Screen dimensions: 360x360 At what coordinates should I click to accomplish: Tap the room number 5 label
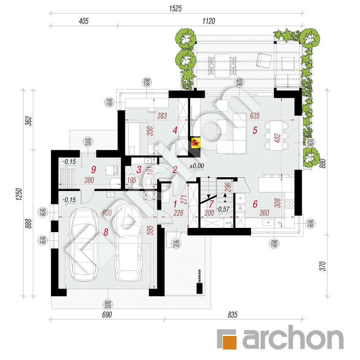click(255, 130)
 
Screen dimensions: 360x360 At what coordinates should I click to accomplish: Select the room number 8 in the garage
click(106, 231)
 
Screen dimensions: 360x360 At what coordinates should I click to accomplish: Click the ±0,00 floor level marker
click(196, 166)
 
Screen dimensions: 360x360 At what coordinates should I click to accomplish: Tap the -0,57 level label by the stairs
click(223, 208)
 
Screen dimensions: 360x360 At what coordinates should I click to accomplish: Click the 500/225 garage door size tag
click(108, 304)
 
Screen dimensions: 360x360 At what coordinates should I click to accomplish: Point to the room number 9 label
click(94, 170)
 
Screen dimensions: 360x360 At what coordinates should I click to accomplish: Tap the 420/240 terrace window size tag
click(240, 82)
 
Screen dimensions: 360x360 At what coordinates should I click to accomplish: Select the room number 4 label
click(175, 130)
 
